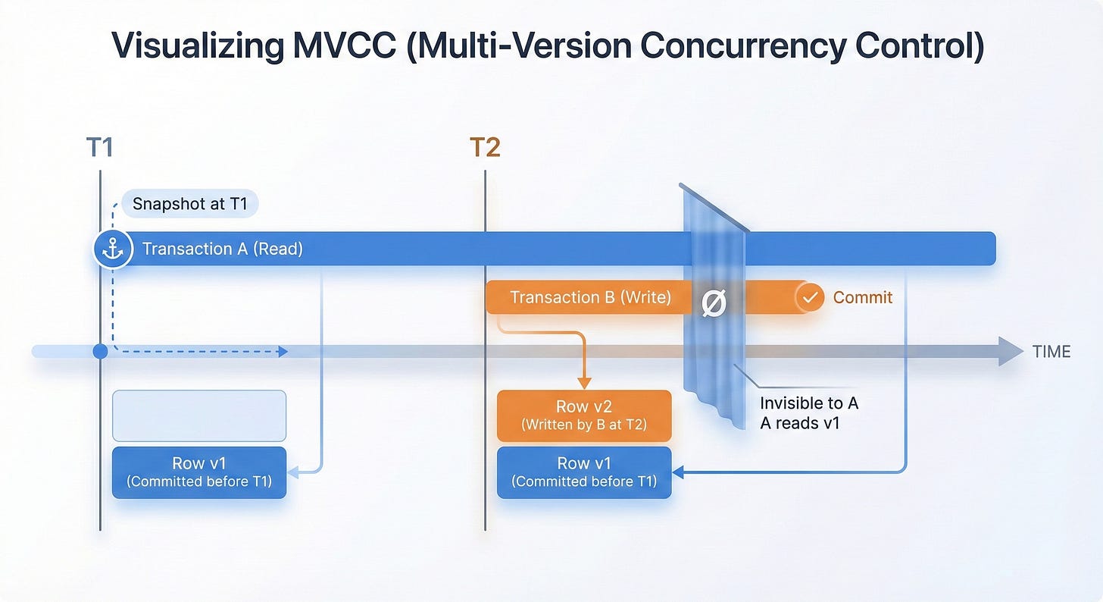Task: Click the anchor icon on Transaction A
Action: click(112, 249)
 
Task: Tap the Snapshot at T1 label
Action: click(189, 204)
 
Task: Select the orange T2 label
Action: click(485, 147)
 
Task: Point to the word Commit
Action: click(863, 298)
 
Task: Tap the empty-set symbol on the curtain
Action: click(714, 304)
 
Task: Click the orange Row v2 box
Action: click(584, 415)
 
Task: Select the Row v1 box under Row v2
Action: click(584, 472)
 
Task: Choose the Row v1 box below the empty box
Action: click(199, 472)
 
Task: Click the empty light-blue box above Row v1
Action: click(199, 415)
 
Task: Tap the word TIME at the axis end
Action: click(1051, 352)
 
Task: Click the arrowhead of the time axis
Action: click(1011, 352)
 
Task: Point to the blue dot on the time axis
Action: click(100, 352)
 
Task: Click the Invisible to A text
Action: click(808, 403)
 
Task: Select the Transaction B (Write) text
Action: click(590, 297)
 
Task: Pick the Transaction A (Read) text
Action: click(223, 249)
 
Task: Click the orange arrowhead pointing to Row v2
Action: click(584, 383)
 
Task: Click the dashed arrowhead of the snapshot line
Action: click(283, 352)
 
